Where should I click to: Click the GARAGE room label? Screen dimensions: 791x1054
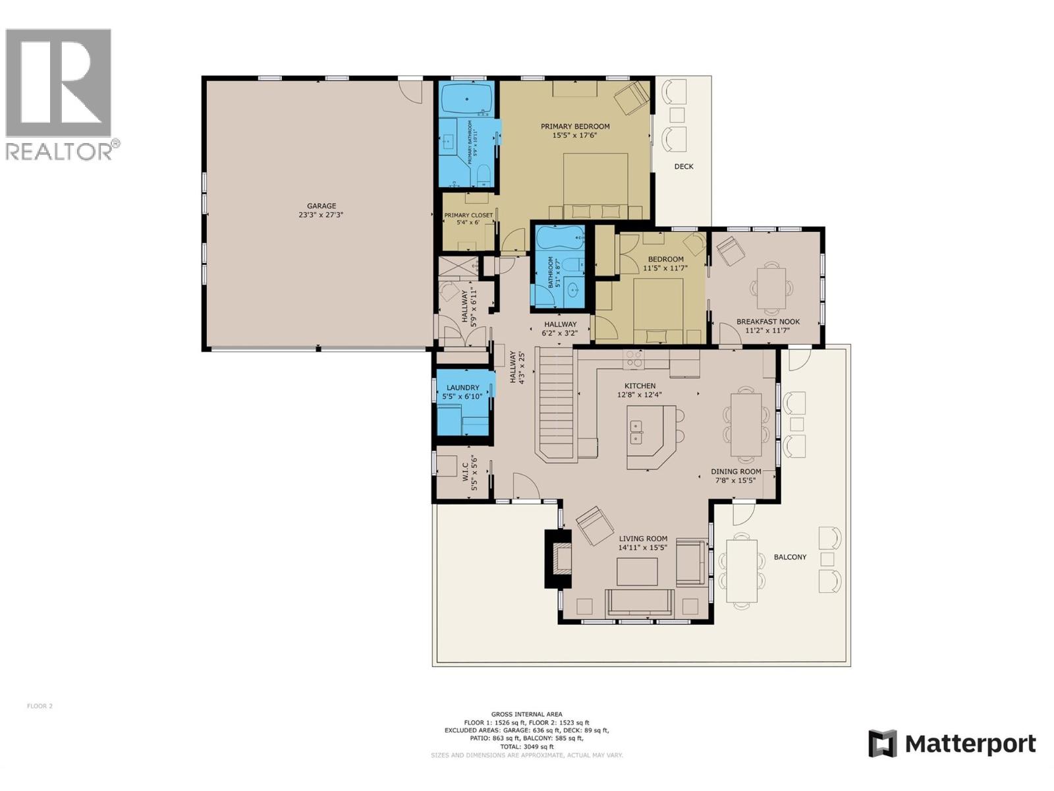click(321, 206)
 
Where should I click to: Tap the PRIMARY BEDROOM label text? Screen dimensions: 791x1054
click(574, 127)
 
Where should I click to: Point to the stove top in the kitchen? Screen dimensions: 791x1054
click(634, 359)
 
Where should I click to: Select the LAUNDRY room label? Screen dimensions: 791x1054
click(462, 388)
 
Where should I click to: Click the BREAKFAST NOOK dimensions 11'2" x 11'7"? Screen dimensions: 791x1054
click(768, 330)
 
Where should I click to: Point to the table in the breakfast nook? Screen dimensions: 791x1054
click(771, 288)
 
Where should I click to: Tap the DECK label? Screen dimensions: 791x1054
click(683, 167)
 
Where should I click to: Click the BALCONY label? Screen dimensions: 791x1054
click(790, 557)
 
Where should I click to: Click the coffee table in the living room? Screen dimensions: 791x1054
click(637, 571)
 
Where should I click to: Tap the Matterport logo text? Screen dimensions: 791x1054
click(970, 744)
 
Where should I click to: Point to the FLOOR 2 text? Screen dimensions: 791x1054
click(40, 706)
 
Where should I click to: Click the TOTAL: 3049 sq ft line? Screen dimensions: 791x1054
click(526, 747)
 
